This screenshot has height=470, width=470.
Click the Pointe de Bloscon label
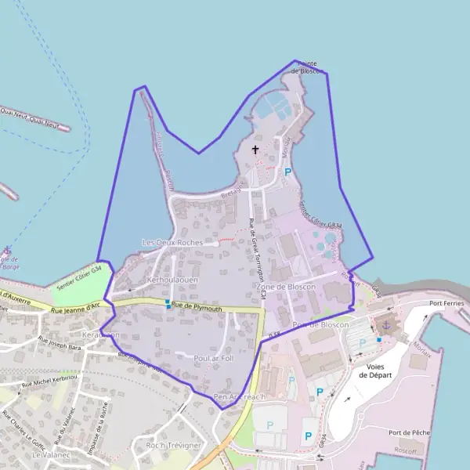pyautogui.click(x=302, y=67)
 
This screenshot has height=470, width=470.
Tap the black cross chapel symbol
pyautogui.click(x=255, y=149)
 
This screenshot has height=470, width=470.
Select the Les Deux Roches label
pyautogui.click(x=172, y=243)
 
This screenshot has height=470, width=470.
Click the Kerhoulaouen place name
pyautogui.click(x=172, y=279)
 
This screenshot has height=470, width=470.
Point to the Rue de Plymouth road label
pyautogui.click(x=197, y=308)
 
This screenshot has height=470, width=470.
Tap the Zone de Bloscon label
pyautogui.click(x=286, y=287)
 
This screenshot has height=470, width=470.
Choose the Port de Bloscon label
pyautogui.click(x=320, y=324)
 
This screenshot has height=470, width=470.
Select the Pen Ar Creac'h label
pyautogui.click(x=240, y=397)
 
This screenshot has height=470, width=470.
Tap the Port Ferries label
pyautogui.click(x=447, y=303)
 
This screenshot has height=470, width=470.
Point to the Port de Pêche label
pyautogui.click(x=409, y=432)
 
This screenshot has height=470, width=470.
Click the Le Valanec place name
pyautogui.click(x=48, y=454)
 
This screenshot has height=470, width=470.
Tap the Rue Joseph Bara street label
pyautogui.click(x=60, y=342)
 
